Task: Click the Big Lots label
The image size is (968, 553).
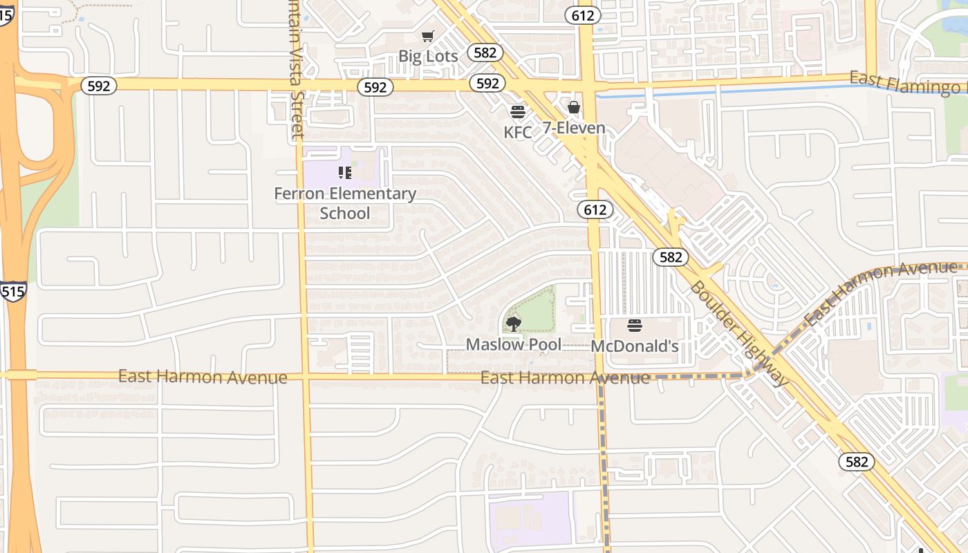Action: pos(428,56)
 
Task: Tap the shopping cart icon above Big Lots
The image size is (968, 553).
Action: pos(428,36)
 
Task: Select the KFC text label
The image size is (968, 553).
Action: pos(518,132)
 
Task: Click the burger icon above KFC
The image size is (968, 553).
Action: pos(518,111)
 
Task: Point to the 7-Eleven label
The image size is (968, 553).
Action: pos(573,128)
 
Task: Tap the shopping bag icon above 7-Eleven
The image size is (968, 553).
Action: pos(574,107)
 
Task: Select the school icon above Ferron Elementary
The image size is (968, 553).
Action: pos(345,173)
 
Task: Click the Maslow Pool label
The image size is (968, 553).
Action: pos(513,344)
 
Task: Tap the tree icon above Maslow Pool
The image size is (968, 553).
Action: pos(514,323)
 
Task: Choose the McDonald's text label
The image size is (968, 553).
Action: pos(635,346)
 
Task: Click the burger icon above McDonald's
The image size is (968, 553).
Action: pos(635,325)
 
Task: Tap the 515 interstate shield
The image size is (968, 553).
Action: pos(13,292)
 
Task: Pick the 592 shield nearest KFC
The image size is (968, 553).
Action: pos(487,84)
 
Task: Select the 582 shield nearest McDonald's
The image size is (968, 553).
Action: pos(670,257)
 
